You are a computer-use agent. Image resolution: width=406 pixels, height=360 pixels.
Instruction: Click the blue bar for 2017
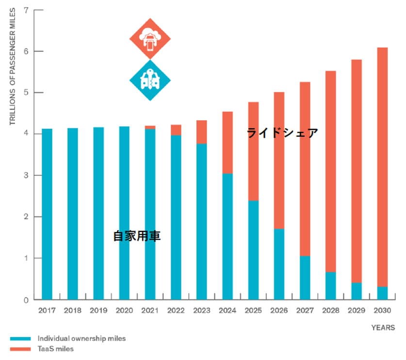click(47, 214)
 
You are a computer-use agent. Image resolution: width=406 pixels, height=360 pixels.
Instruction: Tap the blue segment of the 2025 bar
click(253, 250)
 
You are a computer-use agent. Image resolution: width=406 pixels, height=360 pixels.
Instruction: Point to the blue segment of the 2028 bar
click(330, 286)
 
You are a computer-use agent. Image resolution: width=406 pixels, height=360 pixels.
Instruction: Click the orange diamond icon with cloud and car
click(150, 38)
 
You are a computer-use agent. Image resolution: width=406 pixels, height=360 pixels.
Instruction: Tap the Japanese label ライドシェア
click(282, 132)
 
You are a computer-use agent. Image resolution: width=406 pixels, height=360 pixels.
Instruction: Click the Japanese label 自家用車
click(137, 236)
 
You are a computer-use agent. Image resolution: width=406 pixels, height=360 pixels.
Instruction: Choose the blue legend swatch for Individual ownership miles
click(20, 338)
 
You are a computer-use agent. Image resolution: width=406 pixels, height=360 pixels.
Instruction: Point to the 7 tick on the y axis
click(25, 10)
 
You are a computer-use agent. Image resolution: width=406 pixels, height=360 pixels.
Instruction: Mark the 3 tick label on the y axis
click(25, 175)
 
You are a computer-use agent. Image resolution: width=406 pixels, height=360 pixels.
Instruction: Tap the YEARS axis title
click(383, 327)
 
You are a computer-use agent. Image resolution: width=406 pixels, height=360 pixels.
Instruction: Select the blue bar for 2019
click(98, 213)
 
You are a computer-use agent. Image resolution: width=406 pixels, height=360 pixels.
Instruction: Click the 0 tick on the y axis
click(25, 300)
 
